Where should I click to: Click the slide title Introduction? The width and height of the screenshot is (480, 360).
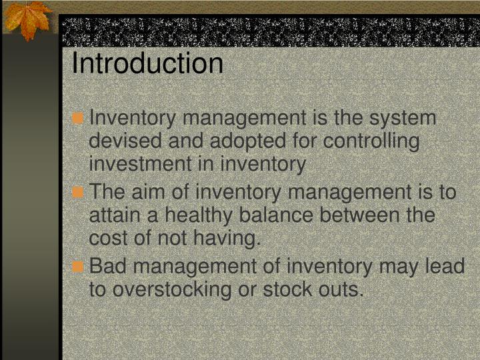pos(147,64)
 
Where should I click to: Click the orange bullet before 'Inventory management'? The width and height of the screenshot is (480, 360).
pos(79,119)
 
